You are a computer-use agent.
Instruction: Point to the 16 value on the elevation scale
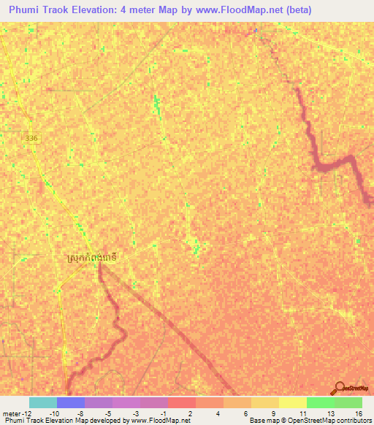(x=358, y=413)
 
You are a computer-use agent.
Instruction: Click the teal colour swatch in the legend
(x=42, y=402)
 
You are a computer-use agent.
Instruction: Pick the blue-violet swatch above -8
(x=70, y=402)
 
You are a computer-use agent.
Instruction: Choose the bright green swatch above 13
(x=321, y=402)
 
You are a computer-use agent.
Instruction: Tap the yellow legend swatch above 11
(x=293, y=402)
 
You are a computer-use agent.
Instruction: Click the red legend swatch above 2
(x=182, y=402)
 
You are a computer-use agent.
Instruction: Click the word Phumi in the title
(x=27, y=11)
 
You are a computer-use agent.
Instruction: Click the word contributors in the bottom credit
(x=352, y=421)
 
